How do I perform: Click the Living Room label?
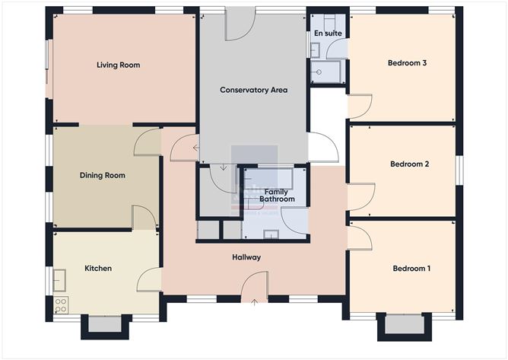(x=118, y=65)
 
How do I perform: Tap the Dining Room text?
(x=102, y=176)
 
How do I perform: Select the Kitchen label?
(x=98, y=269)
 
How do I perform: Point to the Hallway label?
(x=246, y=257)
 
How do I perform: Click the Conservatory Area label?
(x=253, y=90)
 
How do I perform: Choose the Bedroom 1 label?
(x=411, y=269)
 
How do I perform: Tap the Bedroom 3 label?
(x=406, y=63)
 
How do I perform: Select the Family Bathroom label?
(x=277, y=195)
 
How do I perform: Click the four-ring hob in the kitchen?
(x=61, y=305)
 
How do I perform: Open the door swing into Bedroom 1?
(x=360, y=237)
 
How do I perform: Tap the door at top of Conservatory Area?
(x=239, y=25)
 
